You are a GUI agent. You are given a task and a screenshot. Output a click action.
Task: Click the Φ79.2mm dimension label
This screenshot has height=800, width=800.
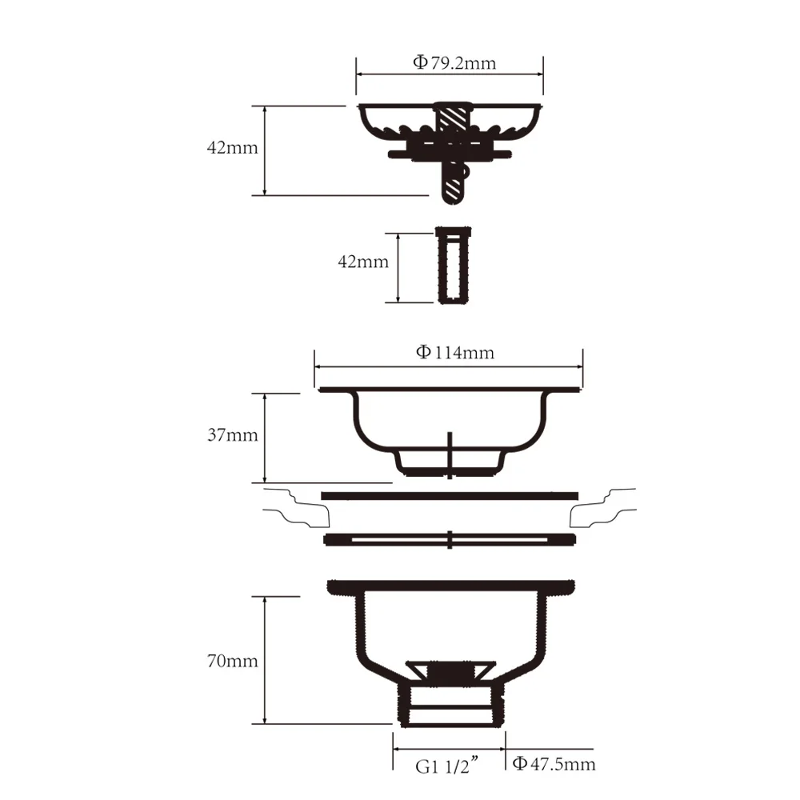pos(454,63)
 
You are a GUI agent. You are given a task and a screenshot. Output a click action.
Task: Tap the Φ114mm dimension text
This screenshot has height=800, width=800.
pos(454,352)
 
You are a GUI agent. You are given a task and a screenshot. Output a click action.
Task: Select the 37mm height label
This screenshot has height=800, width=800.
pos(232,435)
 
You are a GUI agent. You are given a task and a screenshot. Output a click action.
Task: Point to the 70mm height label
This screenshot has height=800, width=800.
pos(232,661)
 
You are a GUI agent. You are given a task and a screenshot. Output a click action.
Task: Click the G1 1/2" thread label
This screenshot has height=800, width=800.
pos(447,766)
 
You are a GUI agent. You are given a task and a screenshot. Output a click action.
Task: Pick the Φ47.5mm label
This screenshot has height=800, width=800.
pos(554,764)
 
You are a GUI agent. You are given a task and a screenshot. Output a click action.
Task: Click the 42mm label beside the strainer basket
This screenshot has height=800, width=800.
pos(232,149)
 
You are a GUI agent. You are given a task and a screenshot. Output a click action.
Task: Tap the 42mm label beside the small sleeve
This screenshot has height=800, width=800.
pos(363,262)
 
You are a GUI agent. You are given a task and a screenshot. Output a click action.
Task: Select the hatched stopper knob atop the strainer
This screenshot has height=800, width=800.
pos(453,120)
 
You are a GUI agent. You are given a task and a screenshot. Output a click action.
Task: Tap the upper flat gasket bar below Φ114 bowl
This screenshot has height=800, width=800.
pos(450,496)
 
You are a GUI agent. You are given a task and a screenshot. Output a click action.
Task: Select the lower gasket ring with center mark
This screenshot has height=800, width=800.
pos(450,539)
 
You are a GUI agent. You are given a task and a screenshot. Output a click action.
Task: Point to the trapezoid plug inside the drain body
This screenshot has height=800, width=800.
pos(450,672)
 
